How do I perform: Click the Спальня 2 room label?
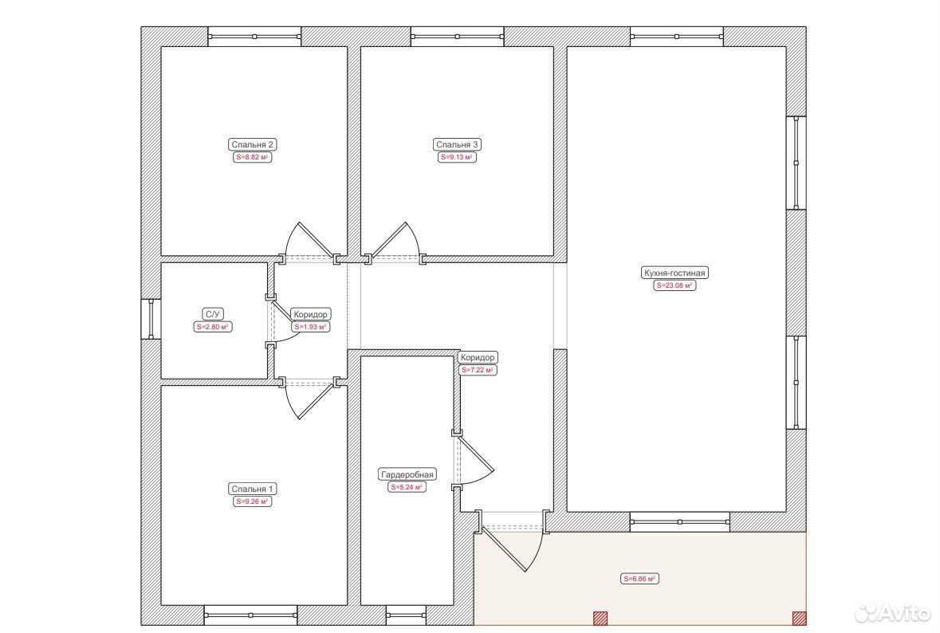click(253, 144)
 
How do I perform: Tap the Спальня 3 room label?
click(457, 144)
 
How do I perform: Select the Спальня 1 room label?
click(253, 489)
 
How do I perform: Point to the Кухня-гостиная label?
click(675, 273)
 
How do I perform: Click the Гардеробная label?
click(407, 475)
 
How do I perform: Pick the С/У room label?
click(213, 314)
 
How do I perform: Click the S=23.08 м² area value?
click(675, 285)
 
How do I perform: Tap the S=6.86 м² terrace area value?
click(639, 579)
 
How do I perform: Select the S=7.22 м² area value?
click(478, 371)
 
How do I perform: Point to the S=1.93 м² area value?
click(310, 328)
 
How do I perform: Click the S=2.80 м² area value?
click(213, 328)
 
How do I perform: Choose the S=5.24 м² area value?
click(407, 487)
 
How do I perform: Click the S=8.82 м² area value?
click(253, 158)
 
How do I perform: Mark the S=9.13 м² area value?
click(457, 158)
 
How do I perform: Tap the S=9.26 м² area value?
click(253, 501)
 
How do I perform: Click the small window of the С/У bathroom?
click(151, 319)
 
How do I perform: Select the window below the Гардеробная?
click(406, 615)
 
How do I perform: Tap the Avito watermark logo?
click(892, 612)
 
